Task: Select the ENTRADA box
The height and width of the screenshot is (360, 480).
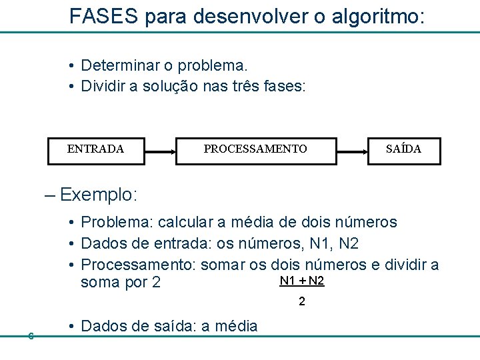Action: point(95,149)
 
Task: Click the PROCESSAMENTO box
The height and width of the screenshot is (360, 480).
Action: point(255,149)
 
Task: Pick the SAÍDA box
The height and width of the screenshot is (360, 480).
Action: point(403,149)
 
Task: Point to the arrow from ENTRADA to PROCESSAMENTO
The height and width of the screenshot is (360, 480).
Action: point(159,151)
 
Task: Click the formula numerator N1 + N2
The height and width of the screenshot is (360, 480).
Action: point(302,281)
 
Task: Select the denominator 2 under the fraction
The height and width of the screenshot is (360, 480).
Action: point(302,302)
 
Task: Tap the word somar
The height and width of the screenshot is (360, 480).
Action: point(224,265)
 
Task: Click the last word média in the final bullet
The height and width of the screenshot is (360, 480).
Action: point(235,326)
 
